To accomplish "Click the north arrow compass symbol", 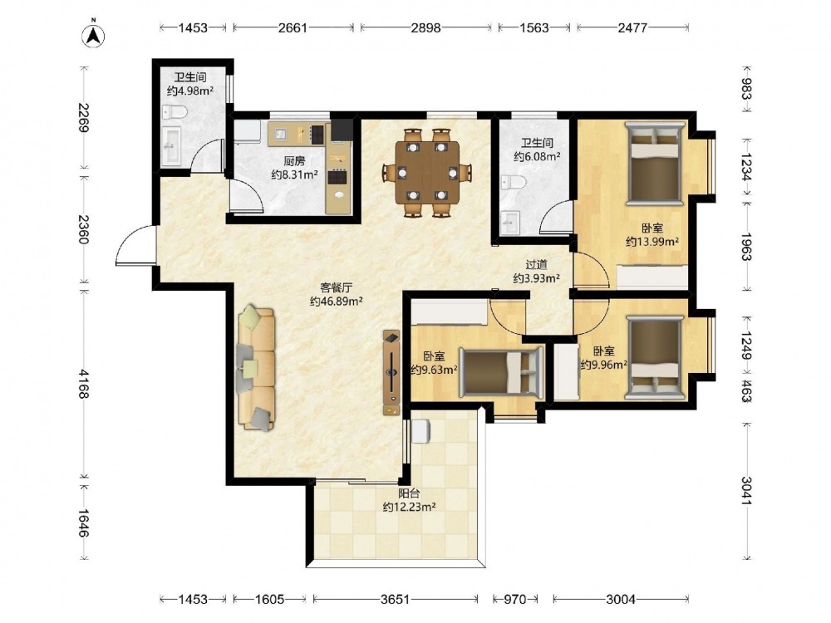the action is pos(93,36).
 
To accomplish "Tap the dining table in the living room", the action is pos(427,172).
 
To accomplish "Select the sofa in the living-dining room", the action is pos(257,369).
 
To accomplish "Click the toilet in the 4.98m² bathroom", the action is pos(175,112).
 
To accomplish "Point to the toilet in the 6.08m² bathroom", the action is pos(514,182).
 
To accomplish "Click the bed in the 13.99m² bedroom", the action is pos(655,163).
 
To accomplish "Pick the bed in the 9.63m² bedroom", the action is pos(501,371).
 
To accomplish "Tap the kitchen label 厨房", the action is pos(294,161).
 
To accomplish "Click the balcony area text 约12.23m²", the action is pos(409,507).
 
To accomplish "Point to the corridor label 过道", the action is pos(536,264).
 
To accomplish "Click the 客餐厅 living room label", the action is pos(336,287).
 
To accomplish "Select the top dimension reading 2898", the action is pos(425,27).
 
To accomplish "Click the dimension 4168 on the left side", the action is pos(83,384).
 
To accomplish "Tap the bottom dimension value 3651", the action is pos(396,599).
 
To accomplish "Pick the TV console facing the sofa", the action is pos(391,372).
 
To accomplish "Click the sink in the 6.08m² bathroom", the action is pos(510,223).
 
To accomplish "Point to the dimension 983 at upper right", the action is pos(745,89).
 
